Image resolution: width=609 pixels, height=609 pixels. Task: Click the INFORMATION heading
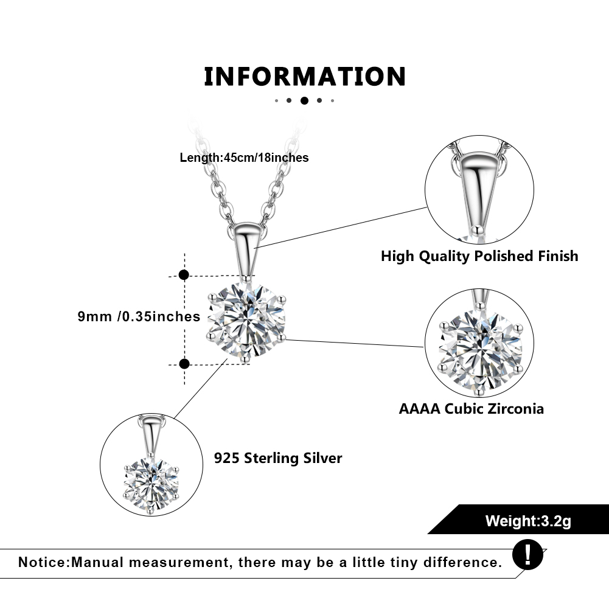click(x=305, y=77)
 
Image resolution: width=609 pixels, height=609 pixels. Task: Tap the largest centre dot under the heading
click(x=304, y=100)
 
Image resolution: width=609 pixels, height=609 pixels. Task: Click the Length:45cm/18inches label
click(x=244, y=158)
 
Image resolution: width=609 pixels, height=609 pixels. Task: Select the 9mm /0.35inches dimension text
click(x=139, y=316)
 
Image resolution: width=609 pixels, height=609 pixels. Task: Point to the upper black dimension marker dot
click(x=184, y=275)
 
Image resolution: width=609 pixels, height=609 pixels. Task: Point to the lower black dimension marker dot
click(x=184, y=364)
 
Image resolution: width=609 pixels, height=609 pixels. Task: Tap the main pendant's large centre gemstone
click(x=246, y=319)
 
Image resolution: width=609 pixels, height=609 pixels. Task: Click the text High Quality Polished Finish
click(x=479, y=256)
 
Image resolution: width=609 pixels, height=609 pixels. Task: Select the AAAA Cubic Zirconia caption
click(x=471, y=409)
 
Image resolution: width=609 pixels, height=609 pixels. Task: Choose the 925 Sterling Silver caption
click(x=278, y=458)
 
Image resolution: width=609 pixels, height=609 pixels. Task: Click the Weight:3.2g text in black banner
click(x=528, y=521)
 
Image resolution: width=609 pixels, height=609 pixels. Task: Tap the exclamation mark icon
click(x=527, y=555)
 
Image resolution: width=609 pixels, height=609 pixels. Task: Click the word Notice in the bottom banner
click(x=43, y=562)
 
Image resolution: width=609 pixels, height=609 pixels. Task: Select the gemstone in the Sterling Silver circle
click(x=151, y=485)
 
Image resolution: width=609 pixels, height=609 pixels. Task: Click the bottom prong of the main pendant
click(x=245, y=360)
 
